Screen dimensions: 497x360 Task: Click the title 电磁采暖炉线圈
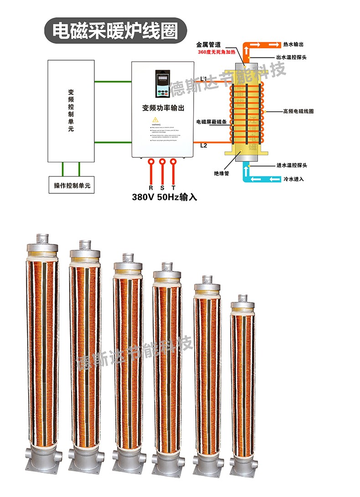coord(115,31)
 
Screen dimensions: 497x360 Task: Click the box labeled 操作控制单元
coord(72,186)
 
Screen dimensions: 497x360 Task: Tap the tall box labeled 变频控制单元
coord(71,111)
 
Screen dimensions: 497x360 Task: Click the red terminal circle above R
coord(151,161)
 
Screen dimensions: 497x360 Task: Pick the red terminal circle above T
coord(173,161)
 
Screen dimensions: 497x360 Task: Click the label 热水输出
coord(293,45)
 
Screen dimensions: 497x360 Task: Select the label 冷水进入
coord(293,179)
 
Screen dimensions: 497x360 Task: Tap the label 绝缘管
coord(221,173)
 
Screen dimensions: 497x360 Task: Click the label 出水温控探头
coord(296,57)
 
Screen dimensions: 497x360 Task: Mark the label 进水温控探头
coord(296,166)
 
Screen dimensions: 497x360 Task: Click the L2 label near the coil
coord(204,145)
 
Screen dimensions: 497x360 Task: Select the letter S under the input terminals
coord(162,188)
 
